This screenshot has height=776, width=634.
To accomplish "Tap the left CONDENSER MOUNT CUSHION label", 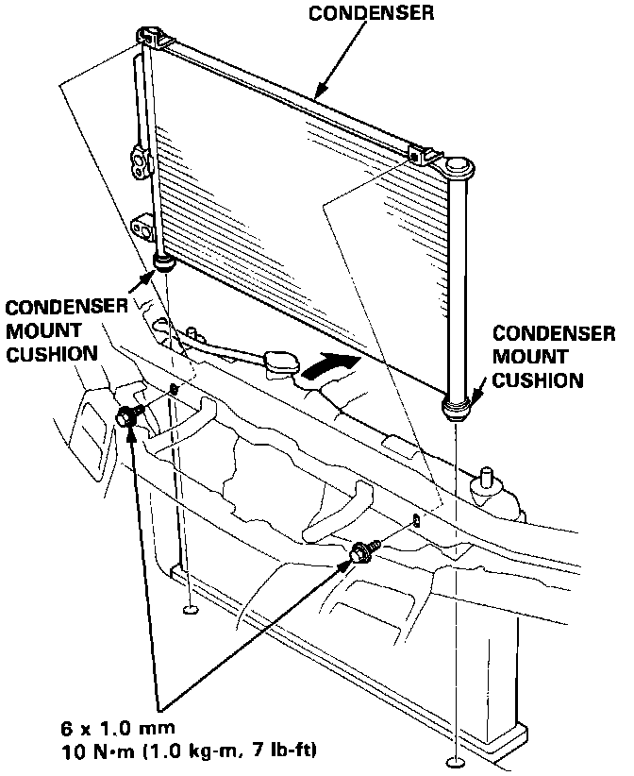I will (66, 330).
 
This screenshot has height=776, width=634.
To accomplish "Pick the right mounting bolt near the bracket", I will (360, 555).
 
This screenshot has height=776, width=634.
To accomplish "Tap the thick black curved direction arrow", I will (333, 366).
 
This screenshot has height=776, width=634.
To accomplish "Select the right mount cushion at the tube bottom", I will (456, 407).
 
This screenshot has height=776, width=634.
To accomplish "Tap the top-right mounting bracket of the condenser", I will (421, 155).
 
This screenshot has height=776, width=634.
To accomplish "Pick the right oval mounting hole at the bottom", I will (454, 762).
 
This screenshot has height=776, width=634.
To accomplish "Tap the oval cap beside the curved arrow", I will (280, 363).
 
